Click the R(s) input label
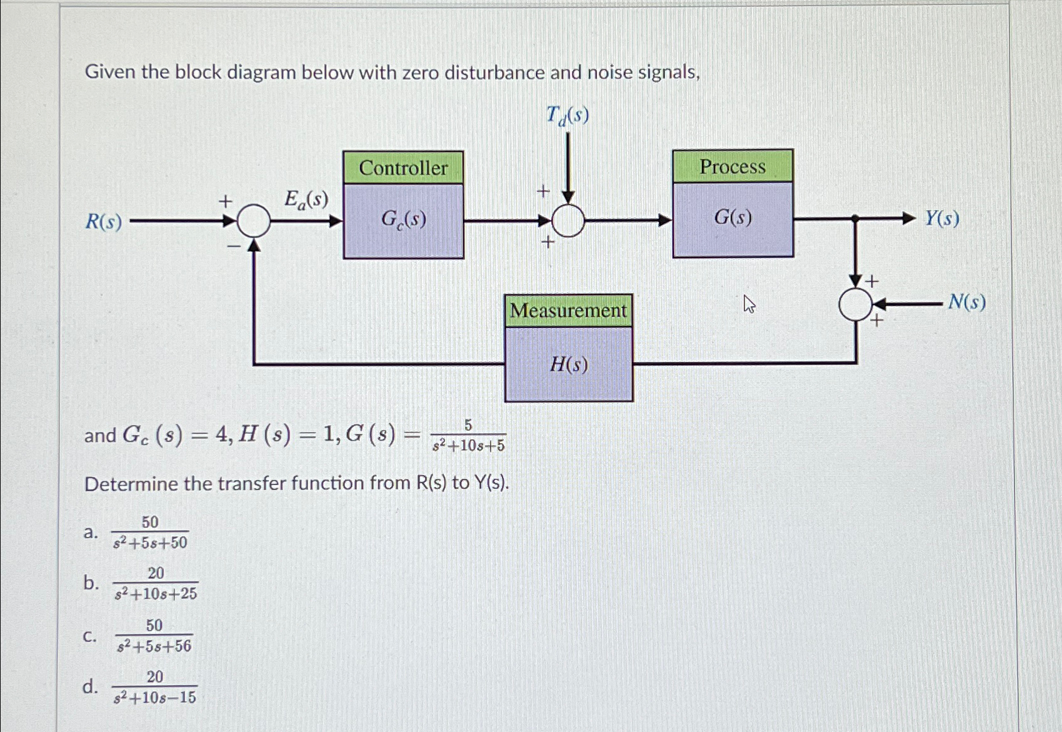pos(104,222)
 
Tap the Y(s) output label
pos(942,219)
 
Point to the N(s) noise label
pos(966,303)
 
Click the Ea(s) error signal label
pos(306,200)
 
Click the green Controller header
pos(403,168)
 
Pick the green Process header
pos(733,166)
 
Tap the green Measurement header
pos(568,311)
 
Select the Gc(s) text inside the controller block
pos(404,219)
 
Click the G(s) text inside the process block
pos(733,218)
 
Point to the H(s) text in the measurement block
pos(568,364)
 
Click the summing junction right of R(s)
pos(254,221)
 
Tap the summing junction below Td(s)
pos(568,221)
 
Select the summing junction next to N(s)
pos(854,304)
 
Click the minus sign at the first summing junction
pos(233,247)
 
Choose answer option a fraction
pos(150,533)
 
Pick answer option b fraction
pos(156,583)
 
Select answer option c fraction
pos(154,636)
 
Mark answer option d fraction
pos(155,687)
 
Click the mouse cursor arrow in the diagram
pos(749,304)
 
